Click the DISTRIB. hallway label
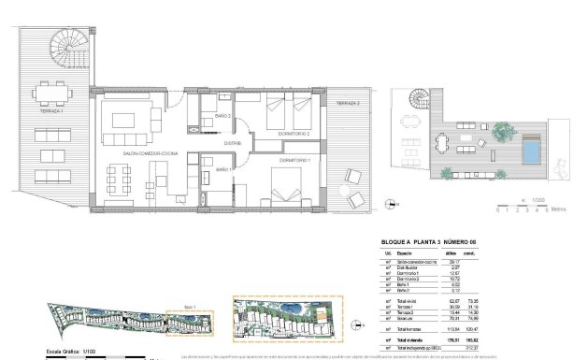click(233, 143)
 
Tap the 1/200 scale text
click(538, 199)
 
